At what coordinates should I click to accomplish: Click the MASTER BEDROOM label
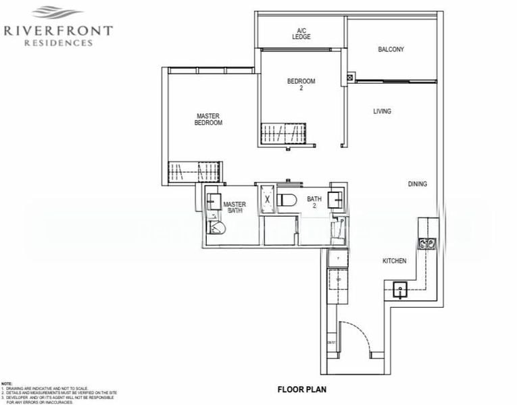coord(208,119)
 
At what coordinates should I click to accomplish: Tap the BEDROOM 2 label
coord(301,85)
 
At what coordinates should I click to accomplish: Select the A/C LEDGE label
coord(301,33)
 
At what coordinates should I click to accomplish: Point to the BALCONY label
coord(391,49)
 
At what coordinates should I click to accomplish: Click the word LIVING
coord(382,111)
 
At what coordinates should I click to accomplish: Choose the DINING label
coord(418,184)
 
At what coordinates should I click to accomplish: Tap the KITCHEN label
coord(394,261)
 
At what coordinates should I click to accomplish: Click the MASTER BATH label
coord(235,207)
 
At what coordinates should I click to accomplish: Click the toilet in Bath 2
coord(287,200)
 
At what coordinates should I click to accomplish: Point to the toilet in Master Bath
coord(218,227)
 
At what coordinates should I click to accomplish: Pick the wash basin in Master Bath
coord(214,201)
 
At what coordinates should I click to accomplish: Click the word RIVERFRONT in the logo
coord(58,30)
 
